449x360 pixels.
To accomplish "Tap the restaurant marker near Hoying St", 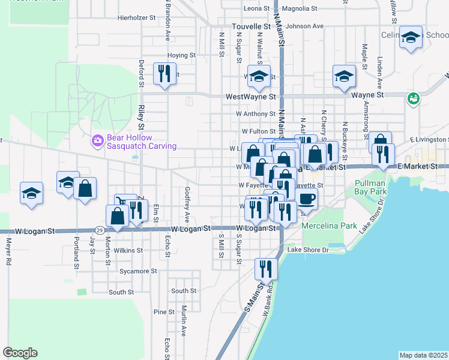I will pyautogui.click(x=163, y=74).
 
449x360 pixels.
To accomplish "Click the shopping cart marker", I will pyautogui.click(x=125, y=203).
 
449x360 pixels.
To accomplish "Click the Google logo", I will pyautogui.click(x=20, y=353).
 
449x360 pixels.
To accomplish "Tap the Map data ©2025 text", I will pyautogui.click(x=423, y=355).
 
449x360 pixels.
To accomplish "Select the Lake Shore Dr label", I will pyautogui.click(x=309, y=250).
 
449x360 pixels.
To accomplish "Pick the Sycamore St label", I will pyautogui.click(x=137, y=271).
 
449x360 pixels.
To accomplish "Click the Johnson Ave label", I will pyautogui.click(x=304, y=26).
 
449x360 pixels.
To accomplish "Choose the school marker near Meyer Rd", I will pyautogui.click(x=31, y=193).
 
